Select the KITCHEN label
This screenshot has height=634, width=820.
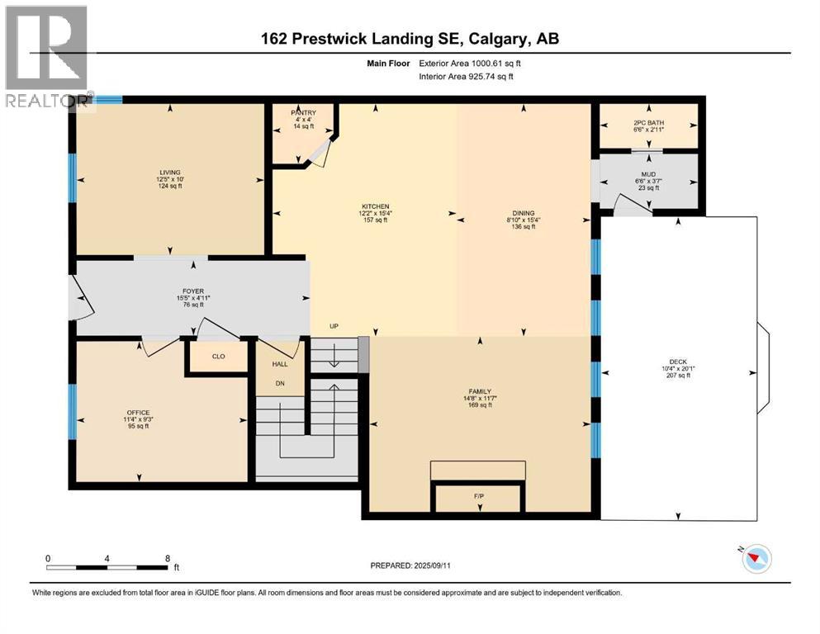pyautogui.click(x=374, y=206)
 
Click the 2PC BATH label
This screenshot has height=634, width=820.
pyautogui.click(x=648, y=123)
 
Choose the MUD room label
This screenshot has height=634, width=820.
pyautogui.click(x=648, y=175)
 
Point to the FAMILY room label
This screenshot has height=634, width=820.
pyautogui.click(x=480, y=391)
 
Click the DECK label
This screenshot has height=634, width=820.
pyautogui.click(x=678, y=361)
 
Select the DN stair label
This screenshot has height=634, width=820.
pyautogui.click(x=279, y=383)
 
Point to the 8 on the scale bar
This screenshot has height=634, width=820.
pyautogui.click(x=168, y=558)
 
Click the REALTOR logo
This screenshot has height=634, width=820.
pyautogui.click(x=46, y=58)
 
